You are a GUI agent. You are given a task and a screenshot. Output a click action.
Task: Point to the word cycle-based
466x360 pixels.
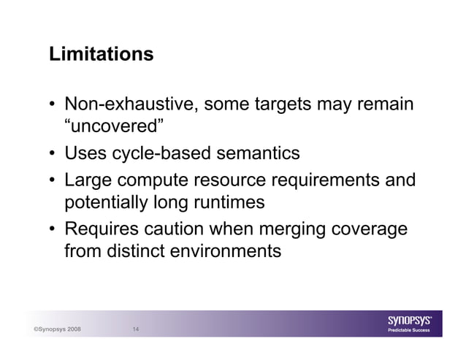click(156, 153)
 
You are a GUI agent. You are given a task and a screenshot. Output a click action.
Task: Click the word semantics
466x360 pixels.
click(254, 153)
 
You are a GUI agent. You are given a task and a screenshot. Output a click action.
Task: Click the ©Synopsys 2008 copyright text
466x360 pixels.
click(58, 329)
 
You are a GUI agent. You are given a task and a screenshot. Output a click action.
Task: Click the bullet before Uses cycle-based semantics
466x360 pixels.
click(54, 154)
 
